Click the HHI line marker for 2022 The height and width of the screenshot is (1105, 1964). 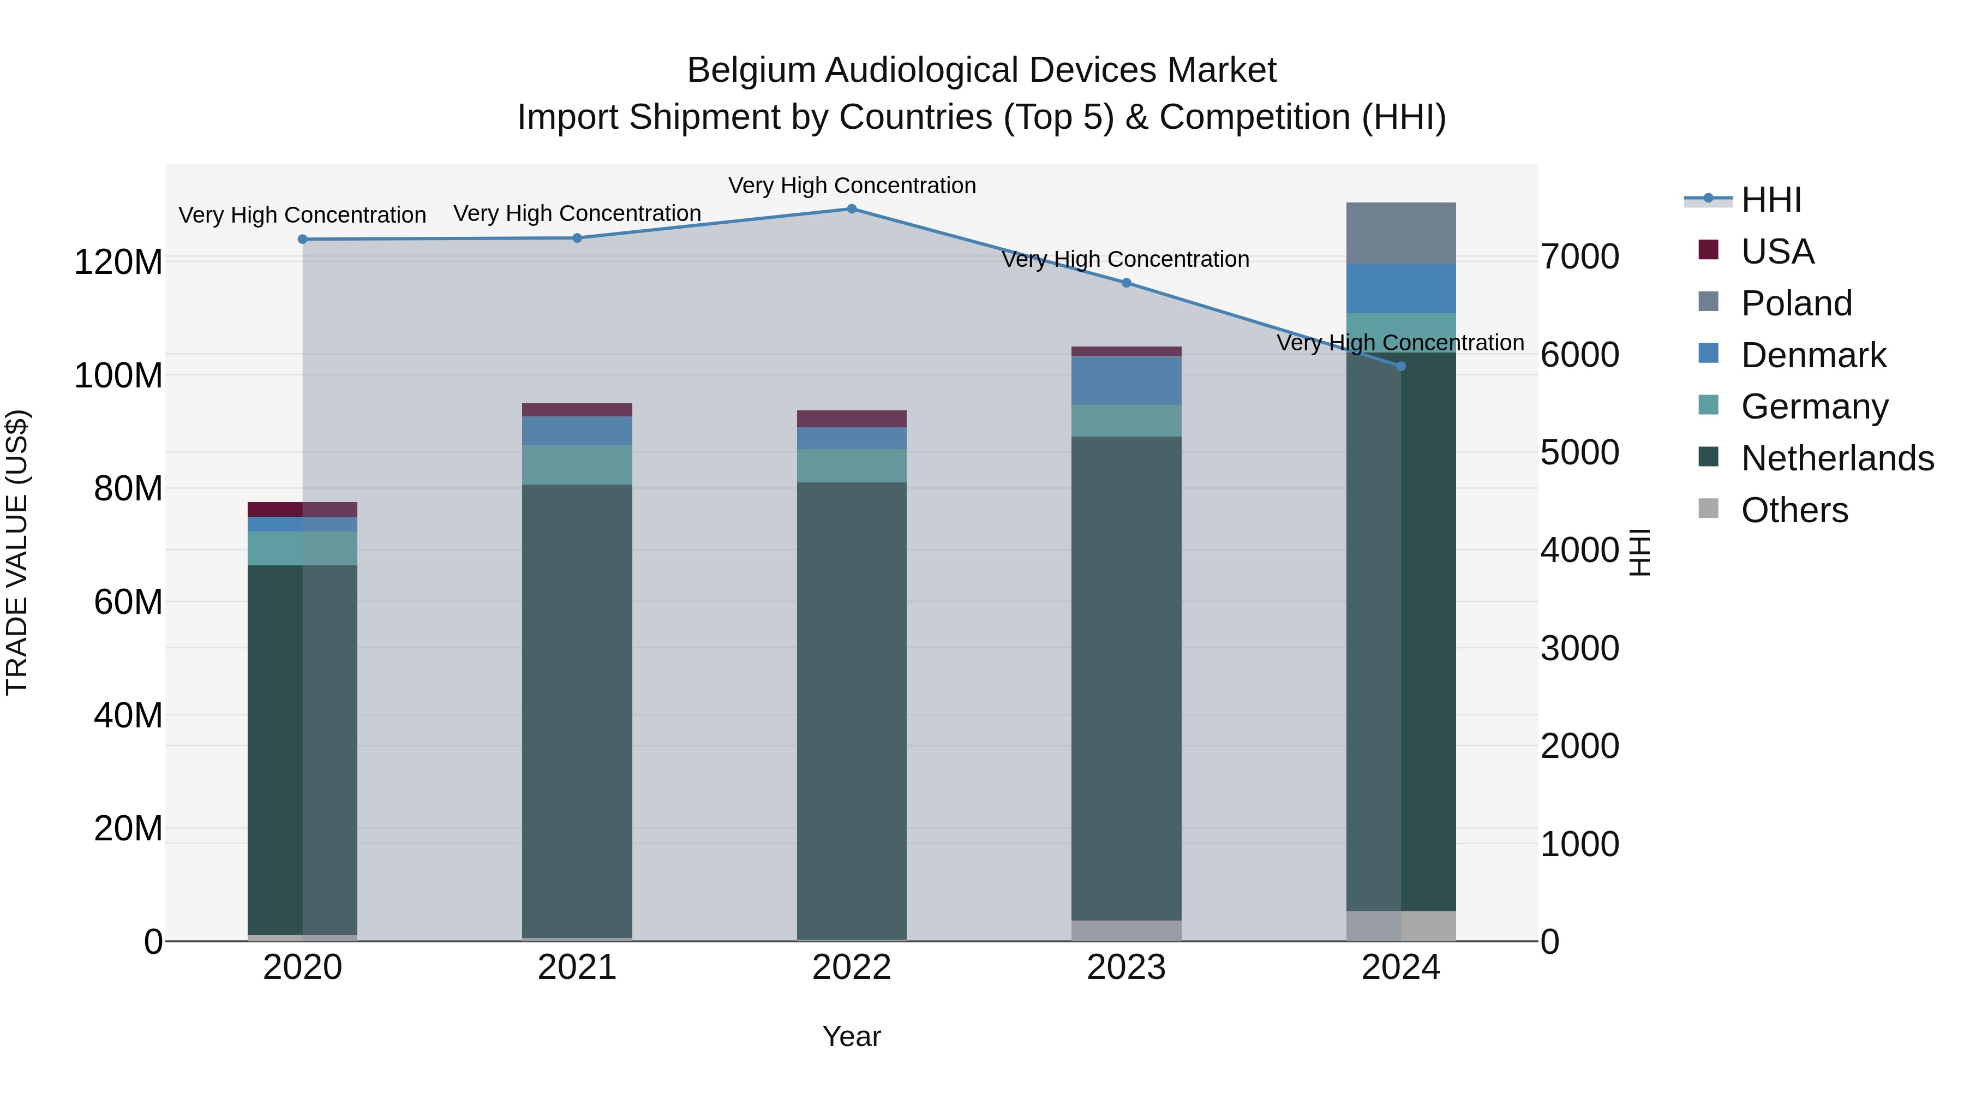click(x=852, y=209)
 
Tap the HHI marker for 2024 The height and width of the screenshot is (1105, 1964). click(x=1400, y=366)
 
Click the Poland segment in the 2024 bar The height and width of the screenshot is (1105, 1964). click(x=1400, y=234)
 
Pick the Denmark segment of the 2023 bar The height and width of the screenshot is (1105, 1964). click(x=1126, y=380)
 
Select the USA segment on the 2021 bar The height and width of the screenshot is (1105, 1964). click(x=577, y=409)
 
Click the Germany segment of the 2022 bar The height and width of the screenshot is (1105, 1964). click(x=852, y=465)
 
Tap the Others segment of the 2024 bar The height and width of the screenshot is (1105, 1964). click(x=1400, y=926)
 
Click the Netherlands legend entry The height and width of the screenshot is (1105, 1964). click(x=1837, y=458)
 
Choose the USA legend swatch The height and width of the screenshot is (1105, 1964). click(x=1709, y=250)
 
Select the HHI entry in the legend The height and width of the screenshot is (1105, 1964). click(x=1771, y=200)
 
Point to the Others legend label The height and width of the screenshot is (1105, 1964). click(x=1795, y=510)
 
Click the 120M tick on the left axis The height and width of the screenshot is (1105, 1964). click(x=118, y=262)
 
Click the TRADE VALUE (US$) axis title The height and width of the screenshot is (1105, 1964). click(x=17, y=552)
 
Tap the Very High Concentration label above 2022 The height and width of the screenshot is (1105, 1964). click(x=852, y=186)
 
